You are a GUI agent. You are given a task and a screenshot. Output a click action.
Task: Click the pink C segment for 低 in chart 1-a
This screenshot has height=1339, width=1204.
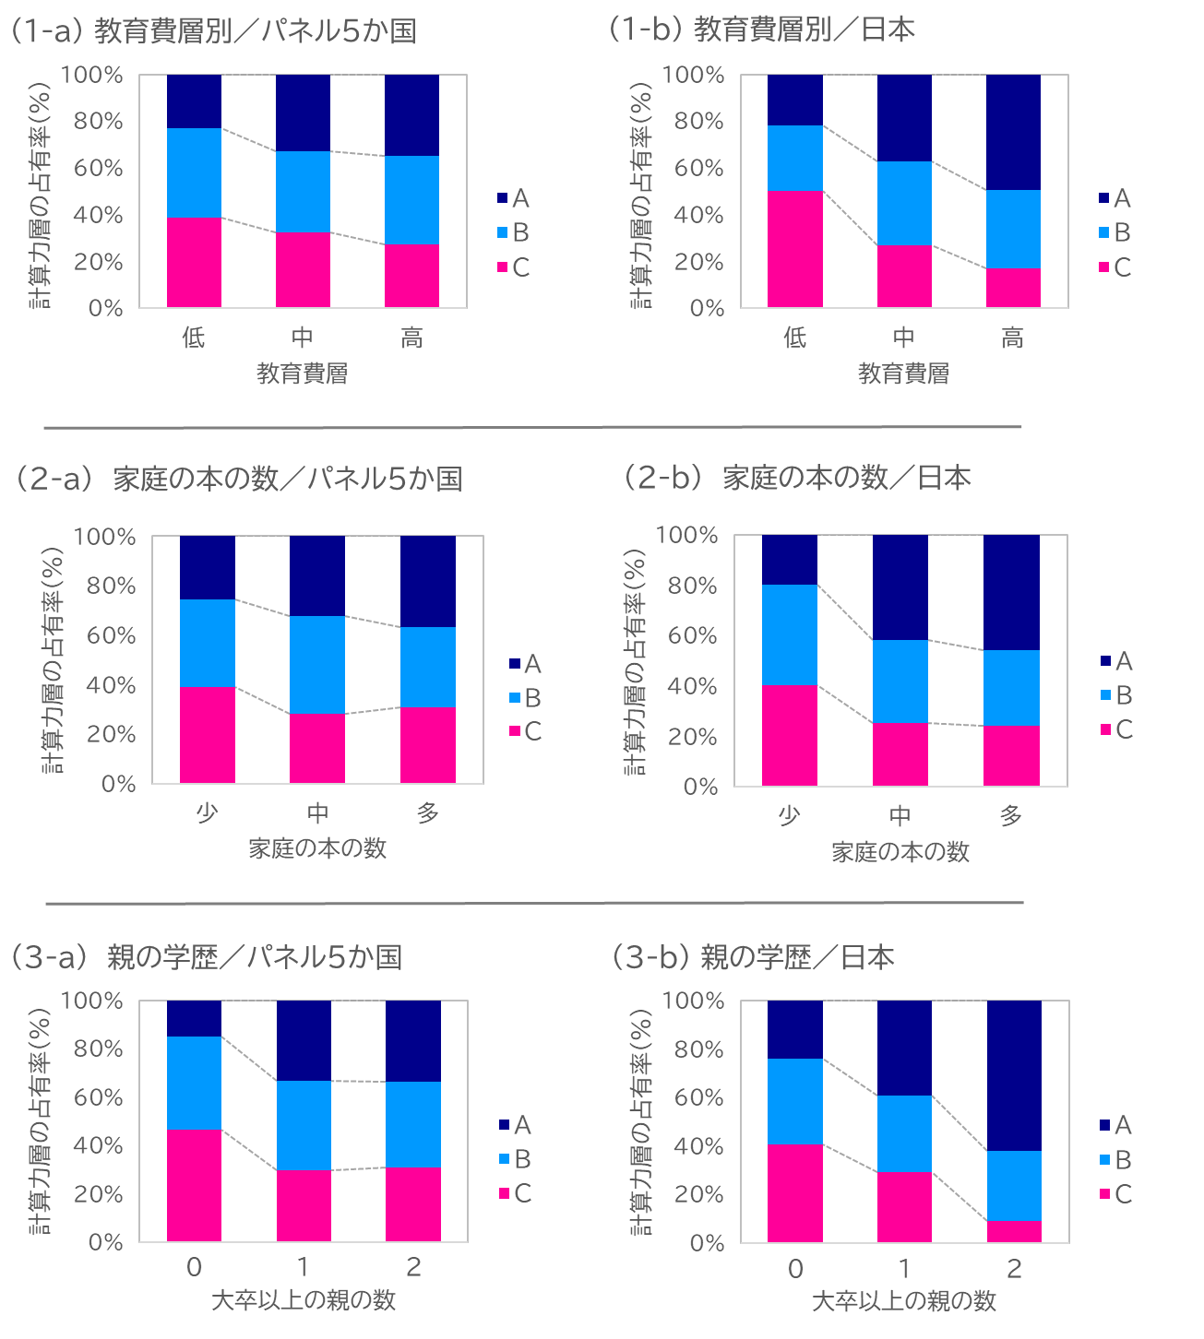point(194,263)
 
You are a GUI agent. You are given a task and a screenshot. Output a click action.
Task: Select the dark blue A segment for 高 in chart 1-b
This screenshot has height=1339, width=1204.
point(1013,132)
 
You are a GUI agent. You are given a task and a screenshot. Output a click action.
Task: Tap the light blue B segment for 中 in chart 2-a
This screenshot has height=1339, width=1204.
point(317,664)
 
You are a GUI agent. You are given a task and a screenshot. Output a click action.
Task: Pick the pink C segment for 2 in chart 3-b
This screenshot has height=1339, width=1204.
point(1014,1231)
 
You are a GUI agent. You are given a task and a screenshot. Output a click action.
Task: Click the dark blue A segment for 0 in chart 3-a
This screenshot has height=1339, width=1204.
point(194,1018)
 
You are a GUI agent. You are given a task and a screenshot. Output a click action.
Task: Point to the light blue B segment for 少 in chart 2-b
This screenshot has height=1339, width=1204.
point(790,634)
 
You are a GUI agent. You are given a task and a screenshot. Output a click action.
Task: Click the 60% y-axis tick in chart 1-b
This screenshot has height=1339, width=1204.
point(699,168)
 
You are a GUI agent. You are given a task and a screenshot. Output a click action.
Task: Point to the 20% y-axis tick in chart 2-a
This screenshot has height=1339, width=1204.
point(112,734)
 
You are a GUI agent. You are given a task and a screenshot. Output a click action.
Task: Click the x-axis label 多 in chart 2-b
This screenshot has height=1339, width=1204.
point(1011,816)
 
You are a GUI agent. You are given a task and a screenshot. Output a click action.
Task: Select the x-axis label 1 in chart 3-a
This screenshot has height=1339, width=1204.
point(304,1267)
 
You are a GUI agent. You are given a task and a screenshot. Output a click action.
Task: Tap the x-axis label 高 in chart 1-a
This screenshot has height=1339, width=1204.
point(411,338)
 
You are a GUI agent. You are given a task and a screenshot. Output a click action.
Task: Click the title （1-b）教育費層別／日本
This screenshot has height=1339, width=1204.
point(760,30)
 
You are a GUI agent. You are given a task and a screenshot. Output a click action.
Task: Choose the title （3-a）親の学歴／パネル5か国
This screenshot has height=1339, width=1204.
point(203,957)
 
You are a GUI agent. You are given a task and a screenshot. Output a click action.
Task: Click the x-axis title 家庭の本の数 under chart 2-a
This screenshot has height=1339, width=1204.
point(317,848)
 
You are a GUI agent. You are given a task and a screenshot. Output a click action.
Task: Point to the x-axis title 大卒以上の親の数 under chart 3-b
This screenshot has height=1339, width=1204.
point(903,1301)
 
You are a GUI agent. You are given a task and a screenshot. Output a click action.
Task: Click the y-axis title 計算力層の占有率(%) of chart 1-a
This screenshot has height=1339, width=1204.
point(41,192)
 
